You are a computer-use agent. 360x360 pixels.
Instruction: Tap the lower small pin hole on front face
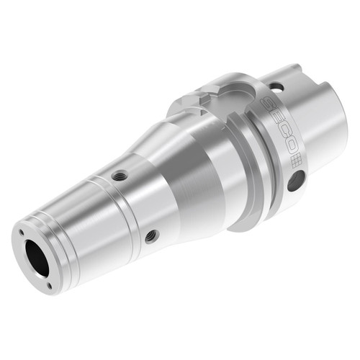tap(49, 285)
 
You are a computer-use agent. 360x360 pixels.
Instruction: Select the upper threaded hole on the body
tap(120, 175)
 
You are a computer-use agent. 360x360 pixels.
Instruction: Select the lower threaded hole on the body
tap(150, 235)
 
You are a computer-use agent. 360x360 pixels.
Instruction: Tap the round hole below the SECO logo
tap(295, 182)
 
